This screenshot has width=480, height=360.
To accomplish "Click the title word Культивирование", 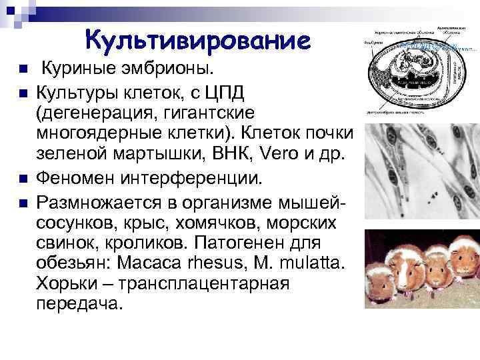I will pos(197,41).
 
